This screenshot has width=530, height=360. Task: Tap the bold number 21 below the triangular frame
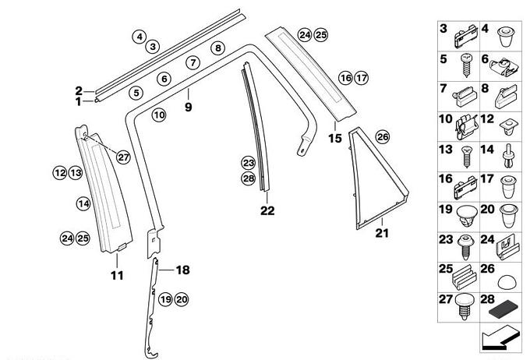381,232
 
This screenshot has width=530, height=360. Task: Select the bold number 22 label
267,210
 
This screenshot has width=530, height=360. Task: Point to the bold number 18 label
182,270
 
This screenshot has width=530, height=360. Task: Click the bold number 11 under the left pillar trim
118,275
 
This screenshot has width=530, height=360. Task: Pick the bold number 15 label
335,139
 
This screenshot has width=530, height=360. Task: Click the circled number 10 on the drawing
159,115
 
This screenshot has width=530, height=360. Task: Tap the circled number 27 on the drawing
122,157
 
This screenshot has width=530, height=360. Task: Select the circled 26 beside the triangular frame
382,137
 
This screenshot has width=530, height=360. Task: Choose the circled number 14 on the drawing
83,203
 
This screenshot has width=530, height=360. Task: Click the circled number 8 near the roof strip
218,48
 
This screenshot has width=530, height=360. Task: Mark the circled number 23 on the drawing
248,163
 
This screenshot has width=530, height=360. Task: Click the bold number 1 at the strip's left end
78,101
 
